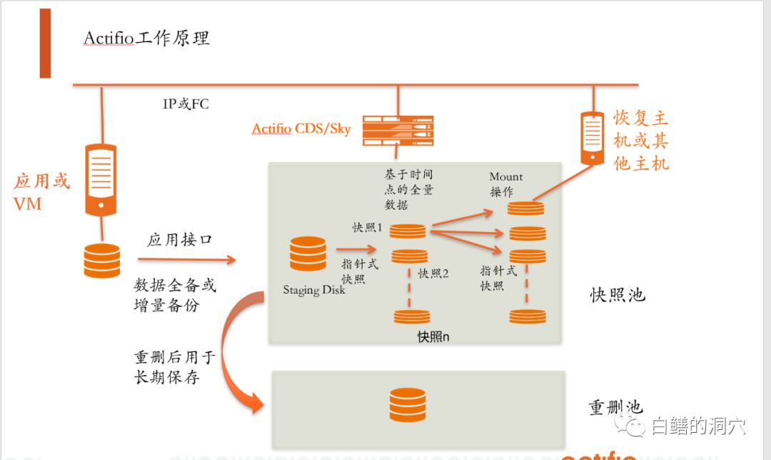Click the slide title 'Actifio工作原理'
146,38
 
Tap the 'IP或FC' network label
186,104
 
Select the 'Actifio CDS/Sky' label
301,129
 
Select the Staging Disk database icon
308,254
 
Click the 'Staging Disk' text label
314,290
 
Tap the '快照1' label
368,227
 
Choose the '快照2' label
433,273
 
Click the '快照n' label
433,336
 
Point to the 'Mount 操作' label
505,184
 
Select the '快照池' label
618,294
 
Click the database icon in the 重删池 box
408,405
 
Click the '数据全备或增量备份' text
175,296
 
